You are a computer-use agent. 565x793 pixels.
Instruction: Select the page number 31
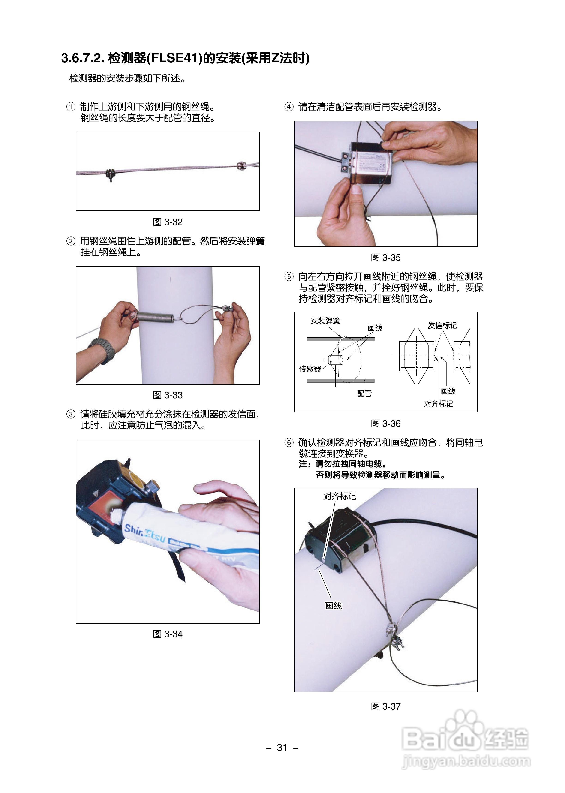pos(282,748)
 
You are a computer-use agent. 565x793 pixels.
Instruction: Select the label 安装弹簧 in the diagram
pos(325,321)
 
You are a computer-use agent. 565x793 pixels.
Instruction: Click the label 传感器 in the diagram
pos(310,369)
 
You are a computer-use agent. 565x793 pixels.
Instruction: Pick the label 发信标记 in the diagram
pos(442,326)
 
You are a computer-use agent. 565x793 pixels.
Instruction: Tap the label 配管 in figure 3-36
pos(364,393)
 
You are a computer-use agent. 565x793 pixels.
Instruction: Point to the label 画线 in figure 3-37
pos(333,606)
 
